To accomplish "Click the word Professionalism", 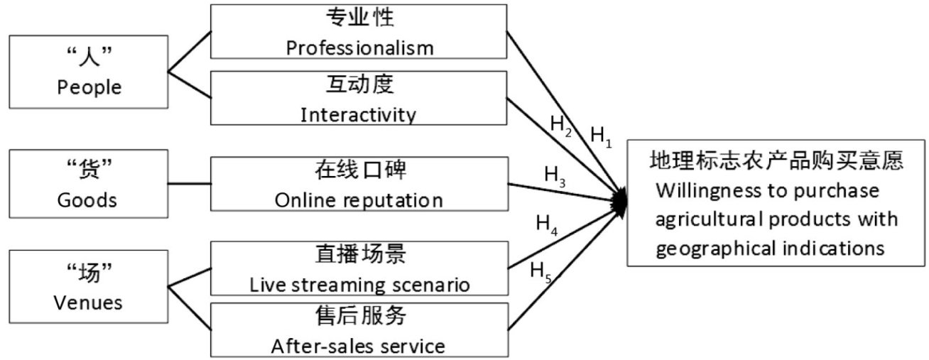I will (x=359, y=48).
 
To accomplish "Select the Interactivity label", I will (x=359, y=114).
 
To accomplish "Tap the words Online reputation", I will (x=359, y=200).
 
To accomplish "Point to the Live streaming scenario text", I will (x=359, y=285).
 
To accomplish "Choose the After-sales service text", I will (x=358, y=346).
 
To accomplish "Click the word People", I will (x=89, y=87).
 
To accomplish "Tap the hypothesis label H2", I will (x=562, y=125).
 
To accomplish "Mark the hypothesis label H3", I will (x=555, y=175).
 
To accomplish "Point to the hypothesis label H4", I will (x=547, y=226).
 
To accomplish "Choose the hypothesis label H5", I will (x=541, y=272).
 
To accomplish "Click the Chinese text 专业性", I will (x=359, y=18).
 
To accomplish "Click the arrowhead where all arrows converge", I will (x=621, y=201).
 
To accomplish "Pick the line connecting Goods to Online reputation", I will (x=190, y=184).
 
